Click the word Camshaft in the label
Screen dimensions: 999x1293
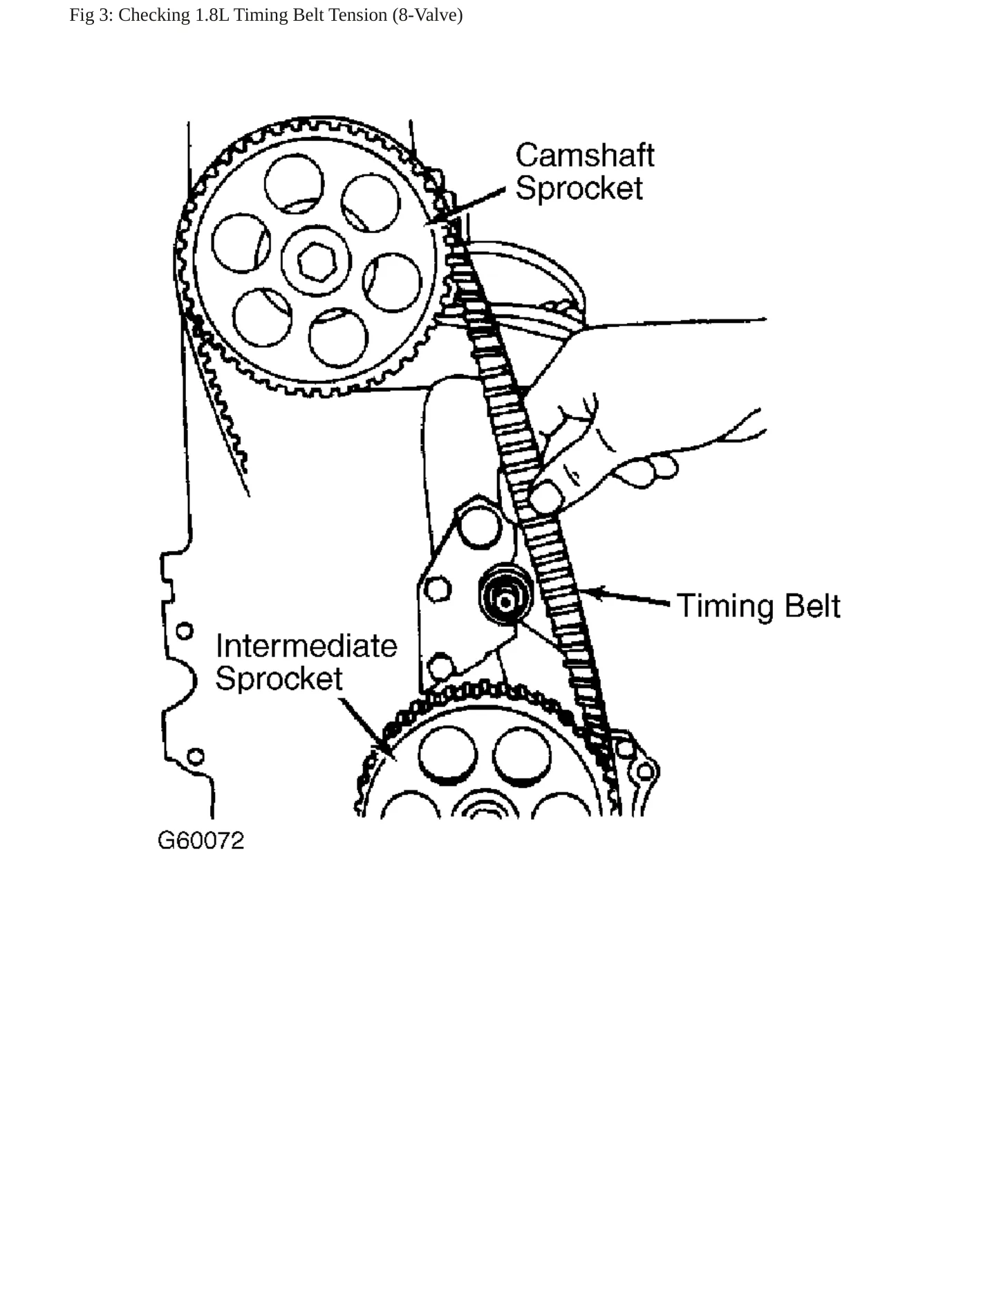click(x=585, y=156)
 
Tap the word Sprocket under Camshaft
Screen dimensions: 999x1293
click(x=579, y=189)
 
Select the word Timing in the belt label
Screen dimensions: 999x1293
click(x=725, y=606)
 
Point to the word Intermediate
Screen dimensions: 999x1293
click(x=306, y=646)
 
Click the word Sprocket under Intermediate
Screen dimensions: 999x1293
click(x=279, y=679)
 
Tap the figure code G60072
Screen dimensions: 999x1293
click(x=201, y=840)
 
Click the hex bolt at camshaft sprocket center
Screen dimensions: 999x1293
click(x=317, y=262)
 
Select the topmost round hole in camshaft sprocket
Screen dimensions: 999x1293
click(x=294, y=184)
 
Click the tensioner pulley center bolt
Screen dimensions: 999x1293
click(x=505, y=602)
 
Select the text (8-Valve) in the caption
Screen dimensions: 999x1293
click(x=427, y=15)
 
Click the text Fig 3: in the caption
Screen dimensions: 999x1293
click(x=91, y=15)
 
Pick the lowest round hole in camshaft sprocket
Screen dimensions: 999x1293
click(x=338, y=338)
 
